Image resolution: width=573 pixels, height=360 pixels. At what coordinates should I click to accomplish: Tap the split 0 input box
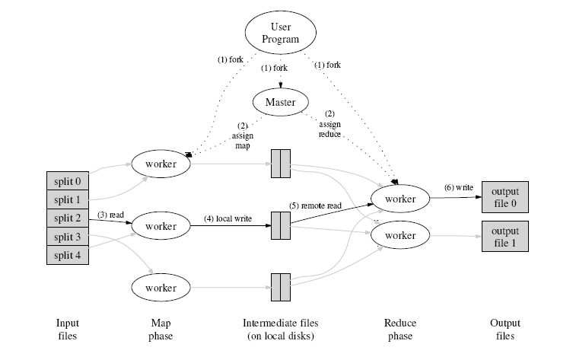[x=67, y=181]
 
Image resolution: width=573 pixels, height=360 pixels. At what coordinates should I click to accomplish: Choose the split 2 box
[x=67, y=218]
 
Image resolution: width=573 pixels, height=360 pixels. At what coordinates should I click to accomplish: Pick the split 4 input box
[x=67, y=255]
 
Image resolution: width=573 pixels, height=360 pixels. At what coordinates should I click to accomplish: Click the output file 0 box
[x=505, y=197]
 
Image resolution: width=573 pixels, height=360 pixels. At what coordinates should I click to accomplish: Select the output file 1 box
[x=505, y=236]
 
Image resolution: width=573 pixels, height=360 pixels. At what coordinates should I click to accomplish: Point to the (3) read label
[x=111, y=215]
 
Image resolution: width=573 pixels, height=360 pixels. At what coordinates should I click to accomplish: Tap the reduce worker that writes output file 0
[x=400, y=199]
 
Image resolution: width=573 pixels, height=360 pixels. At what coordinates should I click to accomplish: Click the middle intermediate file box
[x=280, y=225]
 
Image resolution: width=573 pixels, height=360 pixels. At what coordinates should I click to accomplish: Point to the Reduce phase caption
[x=400, y=329]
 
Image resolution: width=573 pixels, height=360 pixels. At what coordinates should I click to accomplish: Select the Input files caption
[x=67, y=329]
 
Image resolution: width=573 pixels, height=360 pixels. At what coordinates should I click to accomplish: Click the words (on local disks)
[x=280, y=336]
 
